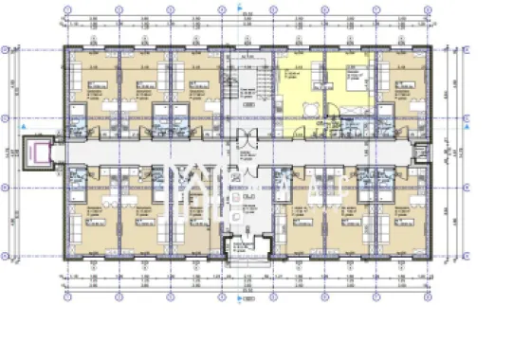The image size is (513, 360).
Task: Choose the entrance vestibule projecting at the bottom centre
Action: (x=245, y=248)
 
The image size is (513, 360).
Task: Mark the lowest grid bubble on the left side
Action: (x=7, y=256)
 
